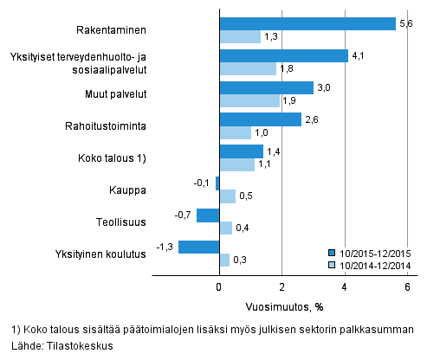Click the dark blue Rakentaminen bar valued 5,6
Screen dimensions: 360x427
pyautogui.click(x=307, y=23)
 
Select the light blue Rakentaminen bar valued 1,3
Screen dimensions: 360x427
pyautogui.click(x=239, y=36)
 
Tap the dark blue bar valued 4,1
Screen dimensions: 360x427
pyautogui.click(x=283, y=55)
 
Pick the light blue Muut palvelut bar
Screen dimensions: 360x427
pyautogui.click(x=249, y=100)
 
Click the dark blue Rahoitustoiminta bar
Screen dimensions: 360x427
pyautogui.click(x=260, y=119)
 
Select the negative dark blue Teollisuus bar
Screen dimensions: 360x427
pyautogui.click(x=208, y=215)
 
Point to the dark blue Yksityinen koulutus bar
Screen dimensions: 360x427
pyautogui.click(x=198, y=247)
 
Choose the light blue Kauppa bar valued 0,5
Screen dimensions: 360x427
pyautogui.click(x=227, y=196)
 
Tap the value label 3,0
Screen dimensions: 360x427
pyautogui.click(x=323, y=87)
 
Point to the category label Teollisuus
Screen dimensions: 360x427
pyautogui.click(x=120, y=222)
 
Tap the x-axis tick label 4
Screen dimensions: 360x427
pyautogui.click(x=345, y=288)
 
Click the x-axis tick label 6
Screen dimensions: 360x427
pyautogui.click(x=408, y=288)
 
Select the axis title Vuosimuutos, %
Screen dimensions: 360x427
pyautogui.click(x=282, y=306)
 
